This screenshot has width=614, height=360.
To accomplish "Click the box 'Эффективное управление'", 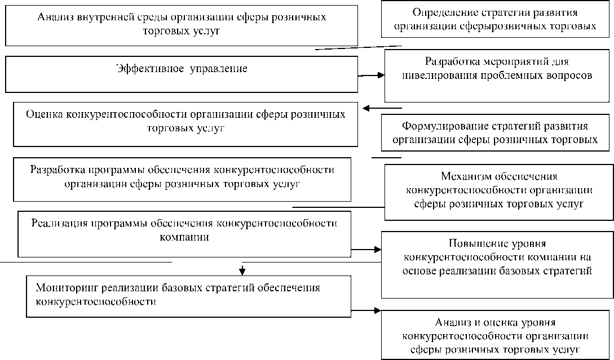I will [x=182, y=73].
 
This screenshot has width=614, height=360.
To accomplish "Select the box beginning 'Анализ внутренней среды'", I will [x=182, y=25].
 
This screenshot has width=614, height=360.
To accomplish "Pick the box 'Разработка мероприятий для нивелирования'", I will [x=498, y=76].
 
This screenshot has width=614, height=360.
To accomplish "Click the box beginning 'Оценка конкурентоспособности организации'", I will [x=185, y=123].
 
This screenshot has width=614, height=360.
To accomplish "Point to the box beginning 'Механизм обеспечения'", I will [x=498, y=191].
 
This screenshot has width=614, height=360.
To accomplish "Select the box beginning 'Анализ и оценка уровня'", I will [x=497, y=335].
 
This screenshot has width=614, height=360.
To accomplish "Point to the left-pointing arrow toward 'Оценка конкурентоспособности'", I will [x=382, y=108].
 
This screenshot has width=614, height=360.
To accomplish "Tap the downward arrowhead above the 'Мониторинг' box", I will [x=243, y=269].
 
